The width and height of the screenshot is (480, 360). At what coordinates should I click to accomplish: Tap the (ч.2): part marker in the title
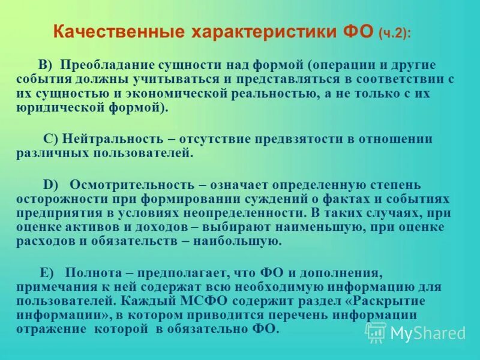click(395, 34)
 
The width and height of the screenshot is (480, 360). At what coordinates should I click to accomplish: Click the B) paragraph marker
click(45, 65)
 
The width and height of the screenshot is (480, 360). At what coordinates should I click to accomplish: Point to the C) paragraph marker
click(51, 139)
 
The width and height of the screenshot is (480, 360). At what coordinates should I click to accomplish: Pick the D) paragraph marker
click(50, 184)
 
